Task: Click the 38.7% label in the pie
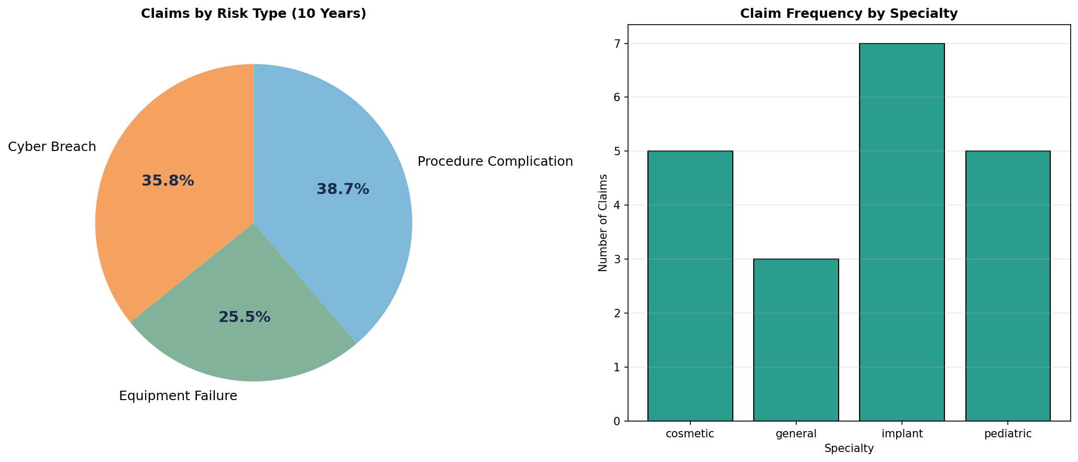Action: tap(343, 189)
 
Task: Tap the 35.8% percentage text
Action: tap(168, 181)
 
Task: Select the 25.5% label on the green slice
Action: tap(244, 317)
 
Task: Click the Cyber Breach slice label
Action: tap(52, 147)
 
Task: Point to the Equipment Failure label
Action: tap(178, 396)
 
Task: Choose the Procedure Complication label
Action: tap(495, 162)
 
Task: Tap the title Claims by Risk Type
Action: tap(254, 14)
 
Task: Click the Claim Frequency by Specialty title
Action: tap(849, 14)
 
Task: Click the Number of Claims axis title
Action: tap(603, 223)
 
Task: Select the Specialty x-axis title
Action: tap(849, 448)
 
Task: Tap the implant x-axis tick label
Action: tap(902, 434)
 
